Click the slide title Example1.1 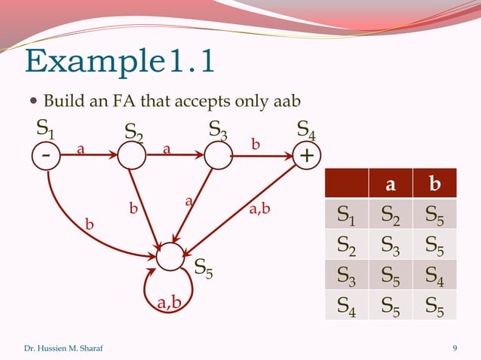tap(120, 62)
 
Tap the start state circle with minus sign tap(47, 156)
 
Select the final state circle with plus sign tap(306, 156)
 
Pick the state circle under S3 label tap(218, 156)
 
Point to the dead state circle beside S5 tap(170, 256)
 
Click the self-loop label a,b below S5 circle tap(169, 303)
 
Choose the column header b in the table tap(434, 185)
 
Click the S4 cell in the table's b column tap(434, 277)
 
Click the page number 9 tap(455, 348)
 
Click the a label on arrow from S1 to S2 tap(79, 148)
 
